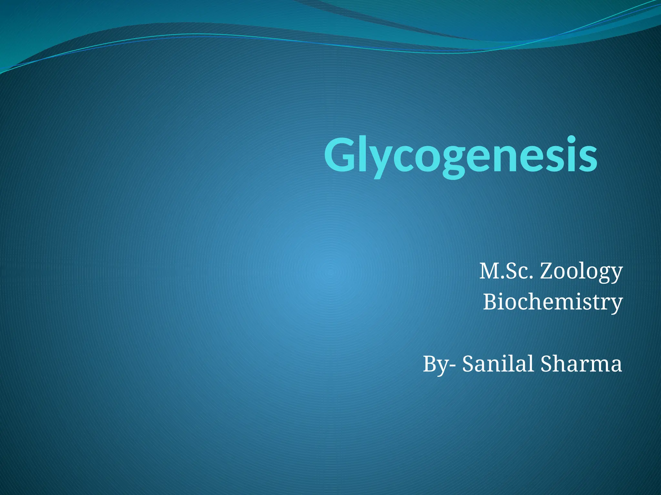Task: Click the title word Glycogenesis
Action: pyautogui.click(x=461, y=155)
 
